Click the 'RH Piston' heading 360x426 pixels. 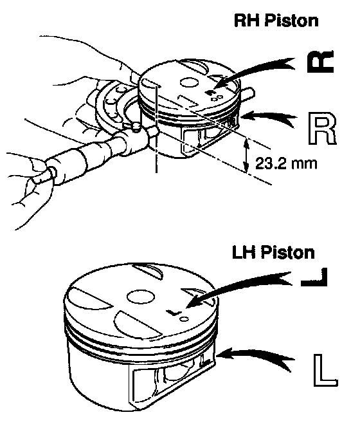276,21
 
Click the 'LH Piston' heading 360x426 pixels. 273,252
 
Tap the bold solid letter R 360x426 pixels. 320,62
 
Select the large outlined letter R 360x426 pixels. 322,128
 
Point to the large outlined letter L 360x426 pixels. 325,370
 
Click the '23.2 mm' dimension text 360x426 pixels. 286,163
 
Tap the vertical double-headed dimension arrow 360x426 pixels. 246,155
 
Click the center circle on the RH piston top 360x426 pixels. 188,82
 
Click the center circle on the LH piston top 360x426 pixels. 141,297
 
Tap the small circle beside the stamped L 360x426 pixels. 184,319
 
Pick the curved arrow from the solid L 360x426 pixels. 239,286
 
